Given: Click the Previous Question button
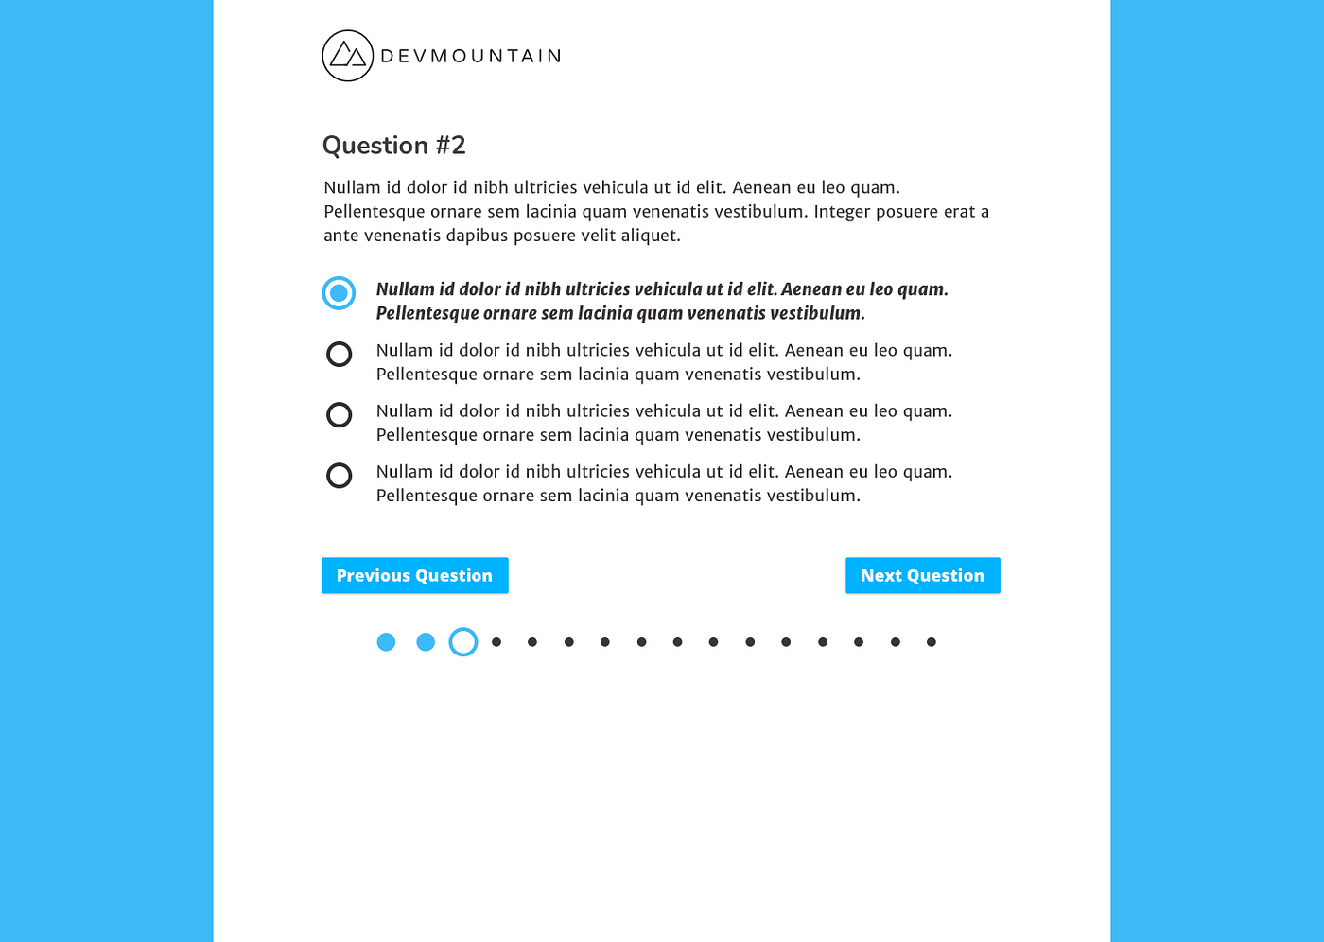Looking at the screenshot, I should pos(414,575).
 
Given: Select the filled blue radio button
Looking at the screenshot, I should pos(339,293).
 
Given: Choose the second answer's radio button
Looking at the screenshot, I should pos(339,354).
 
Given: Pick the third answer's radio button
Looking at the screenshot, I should pos(339,414).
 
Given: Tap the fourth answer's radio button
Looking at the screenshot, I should pos(339,475).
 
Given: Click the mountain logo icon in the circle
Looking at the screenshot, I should pos(347,56).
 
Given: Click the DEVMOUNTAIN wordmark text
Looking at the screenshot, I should pos(471,56).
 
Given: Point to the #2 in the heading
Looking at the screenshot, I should pos(450,146).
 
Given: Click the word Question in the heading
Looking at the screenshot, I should pos(375,146).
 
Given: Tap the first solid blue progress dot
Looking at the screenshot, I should pos(386,642).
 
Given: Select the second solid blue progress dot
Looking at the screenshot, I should pos(426,642).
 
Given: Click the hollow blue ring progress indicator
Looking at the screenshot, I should pos(463,642).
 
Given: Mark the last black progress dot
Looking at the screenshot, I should pos(932,642).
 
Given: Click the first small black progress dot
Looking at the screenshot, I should pos(496,642).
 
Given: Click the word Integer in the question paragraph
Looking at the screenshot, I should pos(842,212).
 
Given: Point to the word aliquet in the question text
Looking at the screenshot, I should pos(650,235).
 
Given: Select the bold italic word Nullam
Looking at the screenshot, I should pos(405,289).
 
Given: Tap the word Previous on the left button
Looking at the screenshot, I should pos(374,575).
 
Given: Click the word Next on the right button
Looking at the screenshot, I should pos(880,575).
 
